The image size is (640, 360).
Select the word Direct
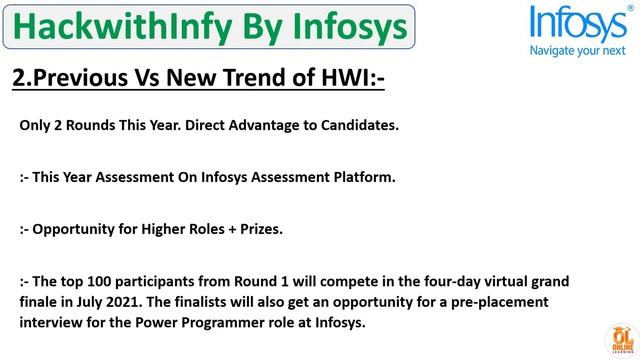point(186,126)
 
